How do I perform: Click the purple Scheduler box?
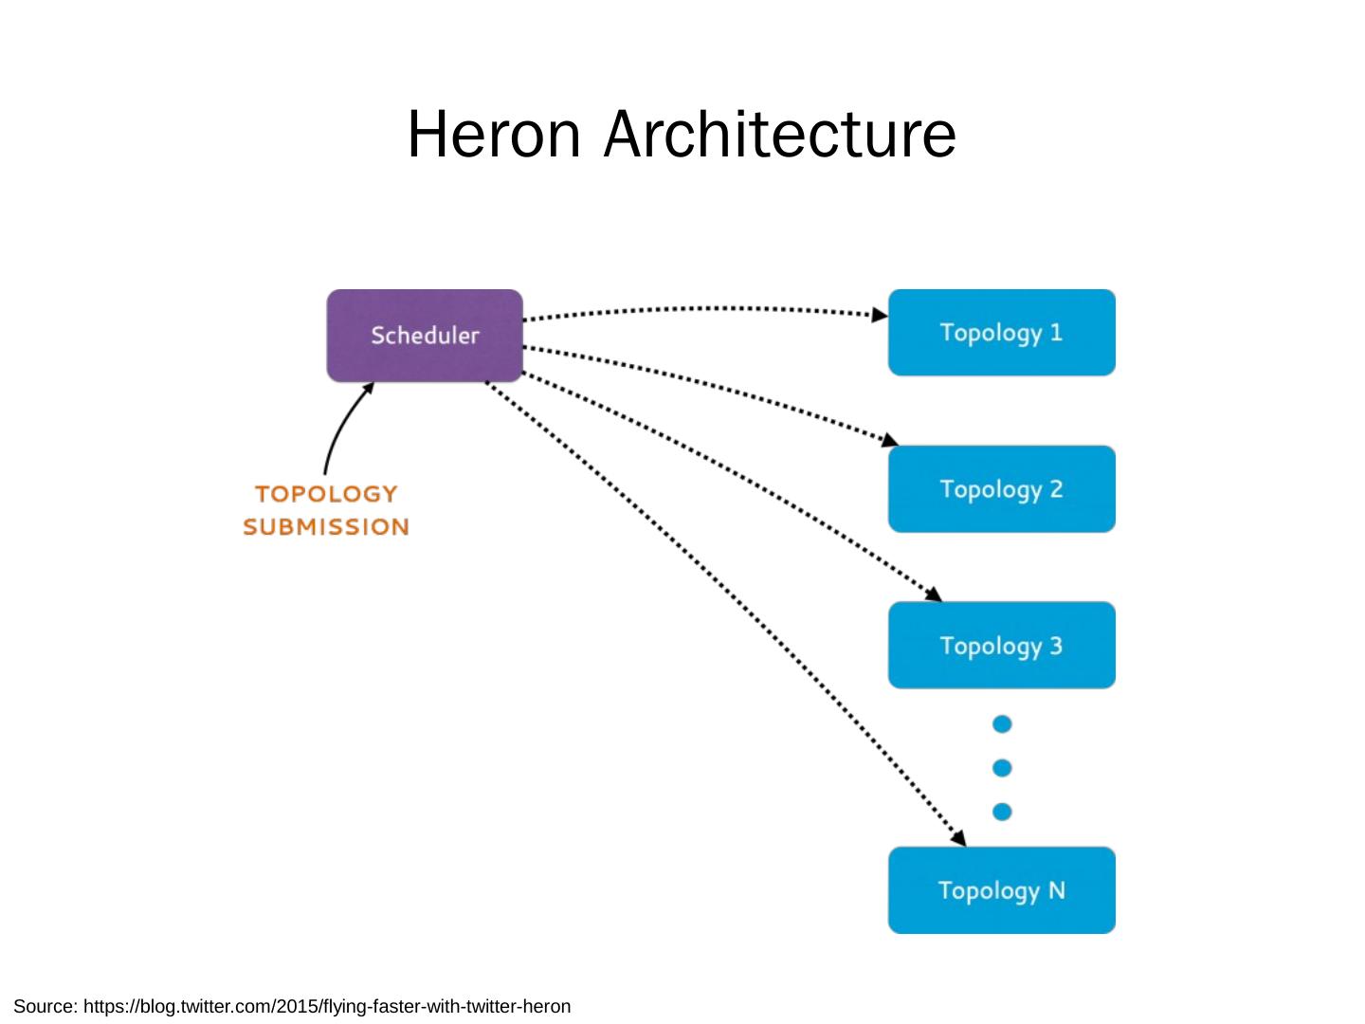[x=425, y=336]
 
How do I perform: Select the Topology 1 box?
[x=1001, y=333]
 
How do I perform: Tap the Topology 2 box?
[x=1001, y=489]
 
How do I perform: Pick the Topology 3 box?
[x=1001, y=646]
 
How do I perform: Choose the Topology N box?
[x=1001, y=890]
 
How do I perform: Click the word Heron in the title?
[x=493, y=134]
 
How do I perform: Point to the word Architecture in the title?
[x=780, y=134]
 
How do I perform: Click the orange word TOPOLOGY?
[x=325, y=494]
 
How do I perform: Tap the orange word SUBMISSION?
[x=325, y=527]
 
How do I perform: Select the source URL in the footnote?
[x=327, y=1007]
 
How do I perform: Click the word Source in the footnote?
[x=45, y=1007]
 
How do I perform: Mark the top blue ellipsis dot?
[x=1002, y=724]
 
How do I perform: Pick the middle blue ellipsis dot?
[x=1002, y=768]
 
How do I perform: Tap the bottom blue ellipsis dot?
[x=1002, y=812]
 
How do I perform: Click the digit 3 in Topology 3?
[x=1055, y=646]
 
